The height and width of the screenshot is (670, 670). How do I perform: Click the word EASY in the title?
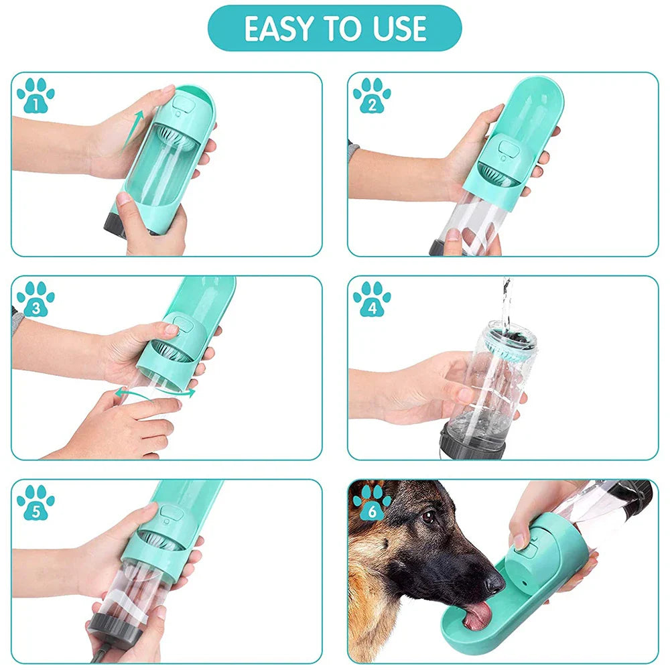click(x=279, y=29)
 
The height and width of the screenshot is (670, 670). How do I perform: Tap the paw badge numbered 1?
click(x=36, y=95)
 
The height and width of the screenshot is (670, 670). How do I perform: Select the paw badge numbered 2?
click(x=372, y=95)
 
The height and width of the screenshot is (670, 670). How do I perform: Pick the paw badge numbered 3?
click(x=36, y=299)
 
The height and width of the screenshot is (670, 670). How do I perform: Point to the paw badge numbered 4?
click(x=372, y=299)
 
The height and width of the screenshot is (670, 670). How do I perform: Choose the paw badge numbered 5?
click(x=36, y=502)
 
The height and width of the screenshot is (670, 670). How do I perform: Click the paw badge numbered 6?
click(x=372, y=502)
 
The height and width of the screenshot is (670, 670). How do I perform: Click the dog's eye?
click(x=428, y=517)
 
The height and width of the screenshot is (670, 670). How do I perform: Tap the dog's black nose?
click(x=494, y=584)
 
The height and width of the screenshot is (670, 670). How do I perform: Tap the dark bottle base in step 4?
click(x=472, y=442)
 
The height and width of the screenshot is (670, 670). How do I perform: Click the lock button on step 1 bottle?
click(x=182, y=104)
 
